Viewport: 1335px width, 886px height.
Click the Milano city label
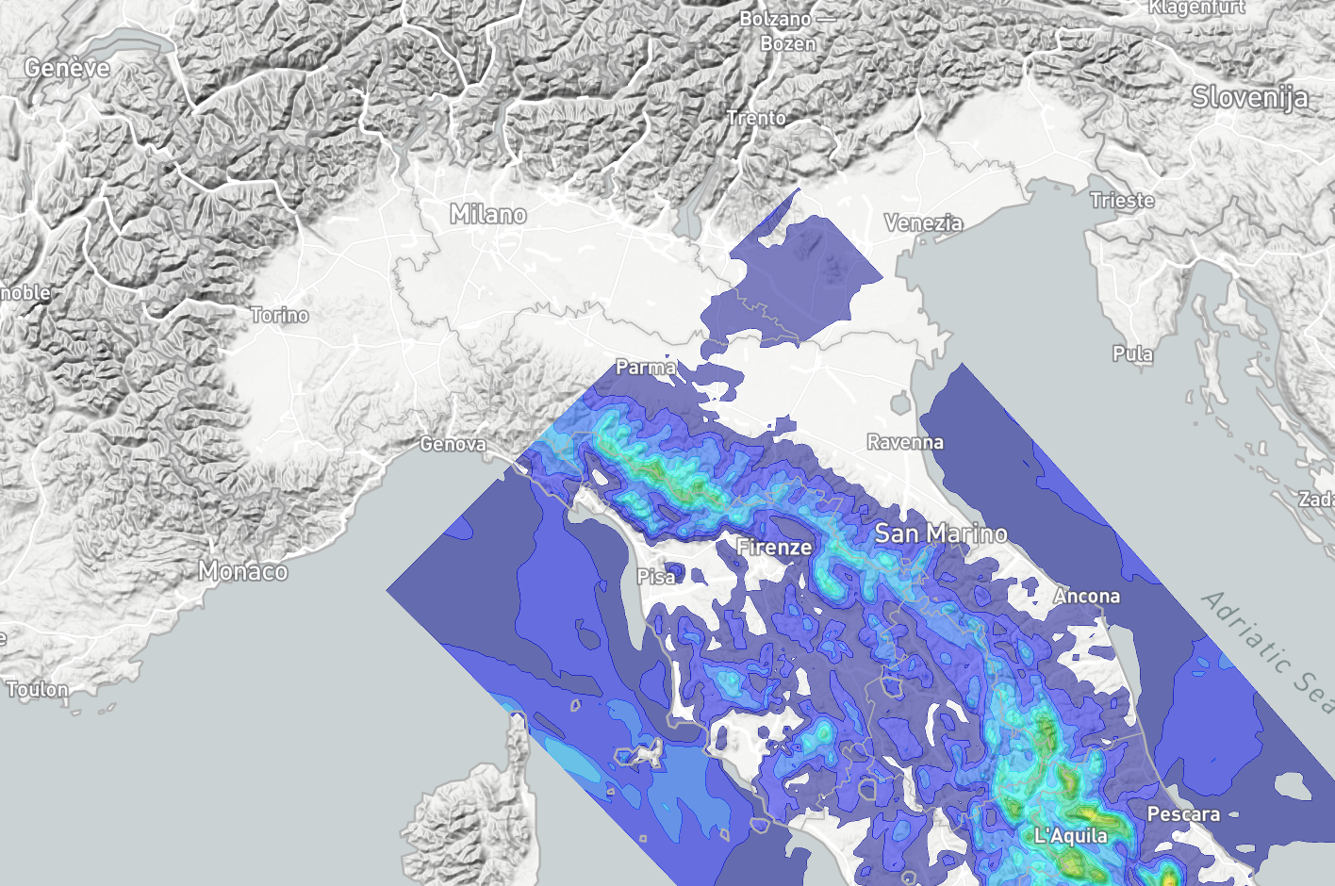pyautogui.click(x=488, y=215)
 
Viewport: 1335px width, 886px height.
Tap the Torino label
pyautogui.click(x=280, y=315)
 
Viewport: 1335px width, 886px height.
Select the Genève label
pyautogui.click(x=67, y=68)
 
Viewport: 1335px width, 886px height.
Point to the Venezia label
pyautogui.click(x=924, y=223)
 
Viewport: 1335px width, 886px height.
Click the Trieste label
pyautogui.click(x=1122, y=201)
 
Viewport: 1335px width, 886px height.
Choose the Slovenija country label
pyautogui.click(x=1250, y=97)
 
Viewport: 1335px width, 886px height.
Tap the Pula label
pyautogui.click(x=1132, y=354)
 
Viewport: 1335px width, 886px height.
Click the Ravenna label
pyautogui.click(x=905, y=442)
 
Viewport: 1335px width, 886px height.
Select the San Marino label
pyautogui.click(x=941, y=533)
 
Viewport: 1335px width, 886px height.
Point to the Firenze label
pyautogui.click(x=774, y=547)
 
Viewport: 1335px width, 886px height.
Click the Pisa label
pyautogui.click(x=656, y=576)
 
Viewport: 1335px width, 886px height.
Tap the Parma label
pyautogui.click(x=646, y=368)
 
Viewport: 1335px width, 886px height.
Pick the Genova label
pyautogui.click(x=453, y=444)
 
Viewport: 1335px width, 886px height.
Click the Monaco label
pyautogui.click(x=243, y=571)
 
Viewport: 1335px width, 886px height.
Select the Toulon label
pyautogui.click(x=38, y=690)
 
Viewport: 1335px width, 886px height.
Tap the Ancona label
pyautogui.click(x=1087, y=597)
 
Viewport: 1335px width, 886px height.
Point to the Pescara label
pyautogui.click(x=1183, y=814)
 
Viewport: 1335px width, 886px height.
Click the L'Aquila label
pyautogui.click(x=1071, y=836)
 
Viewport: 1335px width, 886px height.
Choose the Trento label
pyautogui.click(x=756, y=119)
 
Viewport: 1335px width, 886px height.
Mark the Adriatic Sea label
pyautogui.click(x=1269, y=650)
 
